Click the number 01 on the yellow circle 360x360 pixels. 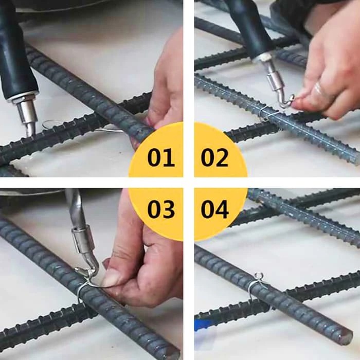[161, 157]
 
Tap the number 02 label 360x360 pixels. [214, 157]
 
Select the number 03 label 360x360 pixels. [161, 209]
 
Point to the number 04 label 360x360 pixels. [214, 209]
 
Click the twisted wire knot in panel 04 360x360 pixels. [259, 277]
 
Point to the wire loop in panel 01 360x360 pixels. [49, 124]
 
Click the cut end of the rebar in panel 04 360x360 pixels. [347, 337]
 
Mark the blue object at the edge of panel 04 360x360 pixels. [202, 324]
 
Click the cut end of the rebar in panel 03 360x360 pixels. [172, 354]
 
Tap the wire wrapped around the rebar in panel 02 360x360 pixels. [266, 113]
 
